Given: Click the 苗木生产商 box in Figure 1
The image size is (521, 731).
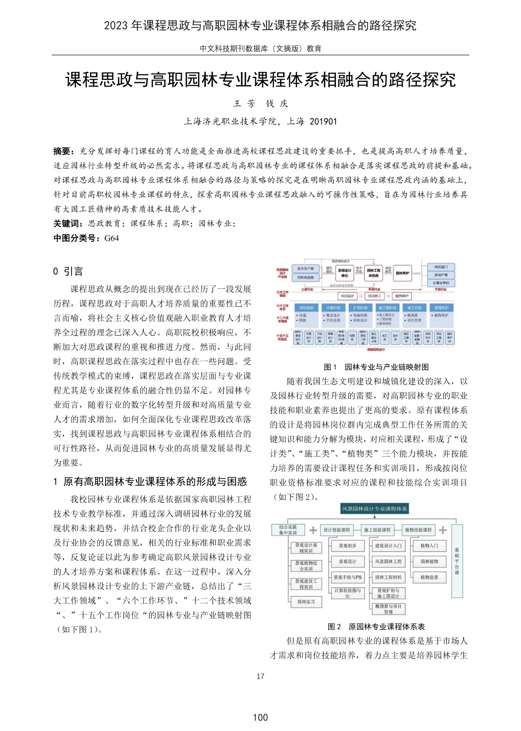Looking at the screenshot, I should click(x=306, y=269).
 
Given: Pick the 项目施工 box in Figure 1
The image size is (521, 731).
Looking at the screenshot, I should click(x=374, y=296).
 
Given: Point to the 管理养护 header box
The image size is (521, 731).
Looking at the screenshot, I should click(x=441, y=308).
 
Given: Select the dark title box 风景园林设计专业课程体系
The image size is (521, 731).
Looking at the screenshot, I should click(x=374, y=509).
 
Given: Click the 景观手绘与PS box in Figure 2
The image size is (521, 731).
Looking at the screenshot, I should click(x=347, y=577).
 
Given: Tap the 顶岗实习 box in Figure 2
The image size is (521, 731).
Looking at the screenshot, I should click(x=306, y=602).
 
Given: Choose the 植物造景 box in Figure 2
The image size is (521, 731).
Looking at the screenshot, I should click(x=429, y=577).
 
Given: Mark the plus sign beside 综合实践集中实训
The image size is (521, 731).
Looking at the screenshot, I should click(x=313, y=530).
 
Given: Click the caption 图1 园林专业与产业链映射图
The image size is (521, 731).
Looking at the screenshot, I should click(x=376, y=367).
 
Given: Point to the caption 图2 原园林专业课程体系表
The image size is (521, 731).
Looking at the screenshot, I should click(x=376, y=626).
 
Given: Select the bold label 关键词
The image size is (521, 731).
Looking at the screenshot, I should click(x=68, y=224).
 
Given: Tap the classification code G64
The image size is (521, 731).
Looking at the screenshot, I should click(x=112, y=238).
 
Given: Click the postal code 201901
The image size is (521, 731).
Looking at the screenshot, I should click(x=323, y=122).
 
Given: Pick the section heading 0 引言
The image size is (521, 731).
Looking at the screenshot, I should click(x=68, y=271).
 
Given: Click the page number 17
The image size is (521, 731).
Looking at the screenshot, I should click(x=260, y=676).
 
